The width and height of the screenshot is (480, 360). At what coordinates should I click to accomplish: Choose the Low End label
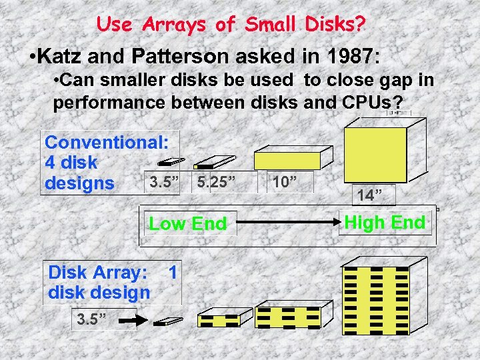(x=188, y=223)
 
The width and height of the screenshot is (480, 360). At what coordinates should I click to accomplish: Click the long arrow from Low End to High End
(x=287, y=223)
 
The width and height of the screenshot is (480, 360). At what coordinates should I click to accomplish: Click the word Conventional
(x=107, y=142)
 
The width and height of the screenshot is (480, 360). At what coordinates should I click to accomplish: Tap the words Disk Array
(x=97, y=272)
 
